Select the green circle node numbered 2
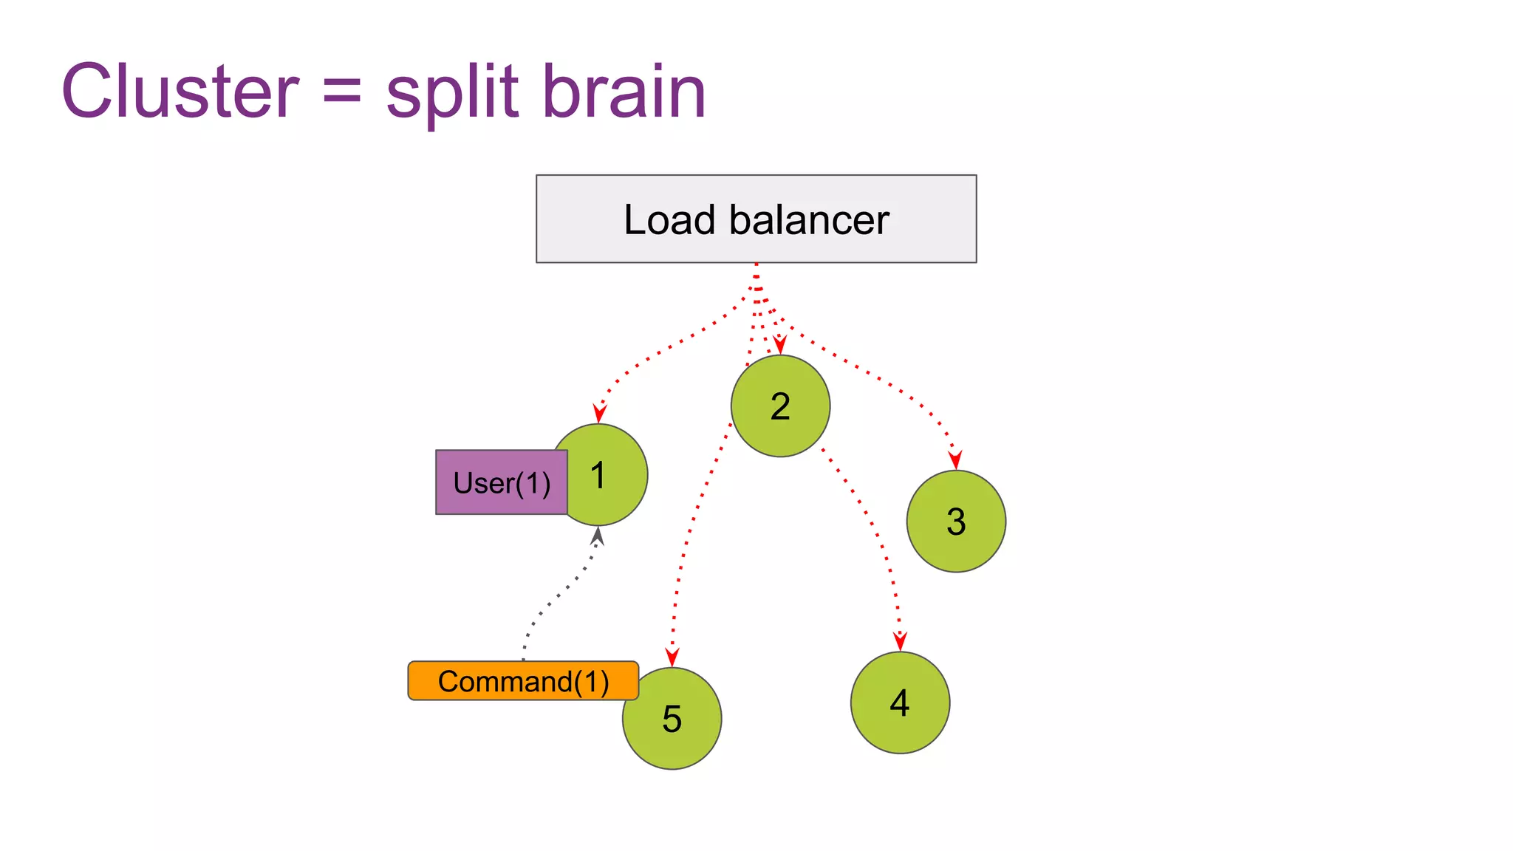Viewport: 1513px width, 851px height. tap(780, 406)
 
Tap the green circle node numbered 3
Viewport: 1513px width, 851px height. tap(956, 522)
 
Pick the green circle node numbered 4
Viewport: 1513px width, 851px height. tap(900, 703)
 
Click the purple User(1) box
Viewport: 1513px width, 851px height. tap(502, 482)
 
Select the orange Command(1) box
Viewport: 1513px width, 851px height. tap(523, 680)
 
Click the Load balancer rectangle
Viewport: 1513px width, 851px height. tap(756, 219)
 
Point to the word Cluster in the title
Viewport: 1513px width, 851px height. tap(180, 92)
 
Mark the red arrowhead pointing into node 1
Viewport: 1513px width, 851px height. tap(600, 413)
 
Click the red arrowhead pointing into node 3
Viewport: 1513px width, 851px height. tap(955, 459)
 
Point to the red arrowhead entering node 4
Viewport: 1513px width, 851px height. tap(900, 641)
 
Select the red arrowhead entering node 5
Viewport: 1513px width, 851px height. tap(672, 657)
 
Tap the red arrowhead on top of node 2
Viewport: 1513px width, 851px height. tap(779, 345)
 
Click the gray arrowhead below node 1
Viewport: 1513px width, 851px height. tap(598, 535)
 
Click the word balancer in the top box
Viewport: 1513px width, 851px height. tap(809, 219)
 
